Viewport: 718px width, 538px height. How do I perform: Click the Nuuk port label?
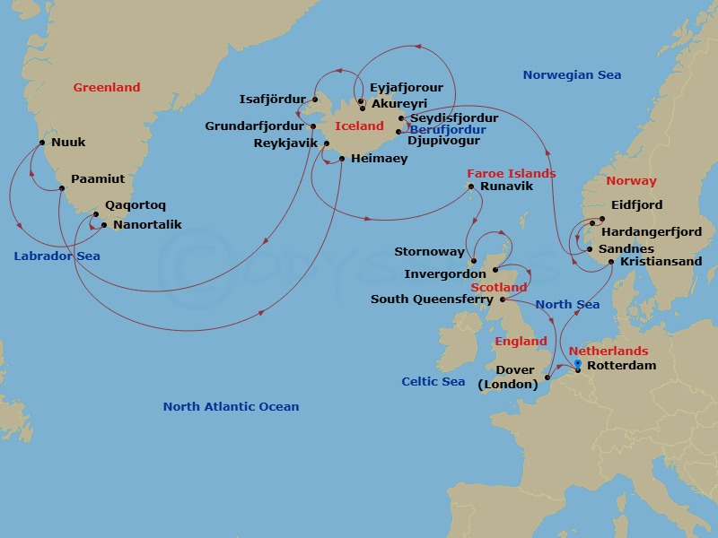(69, 142)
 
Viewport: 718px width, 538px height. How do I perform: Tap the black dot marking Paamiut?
(61, 187)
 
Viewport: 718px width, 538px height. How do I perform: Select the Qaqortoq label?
(135, 205)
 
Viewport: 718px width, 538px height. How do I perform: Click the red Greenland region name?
(107, 87)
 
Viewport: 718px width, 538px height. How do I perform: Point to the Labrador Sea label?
(57, 256)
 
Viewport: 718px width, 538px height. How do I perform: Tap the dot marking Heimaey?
(342, 159)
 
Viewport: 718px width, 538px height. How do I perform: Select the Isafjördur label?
(273, 99)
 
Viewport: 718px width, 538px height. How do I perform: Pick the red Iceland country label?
(359, 126)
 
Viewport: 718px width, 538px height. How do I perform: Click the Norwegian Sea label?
(572, 75)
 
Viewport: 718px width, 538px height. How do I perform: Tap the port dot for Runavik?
(470, 187)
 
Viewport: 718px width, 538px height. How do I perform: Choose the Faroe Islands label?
(511, 173)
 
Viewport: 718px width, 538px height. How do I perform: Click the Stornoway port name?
(429, 252)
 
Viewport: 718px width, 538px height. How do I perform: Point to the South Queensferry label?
(432, 299)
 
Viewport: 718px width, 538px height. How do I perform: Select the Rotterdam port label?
(620, 366)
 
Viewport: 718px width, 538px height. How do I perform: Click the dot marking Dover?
(547, 379)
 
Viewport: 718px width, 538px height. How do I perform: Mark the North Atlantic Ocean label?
(231, 406)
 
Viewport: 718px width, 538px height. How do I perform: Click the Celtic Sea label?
(433, 382)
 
